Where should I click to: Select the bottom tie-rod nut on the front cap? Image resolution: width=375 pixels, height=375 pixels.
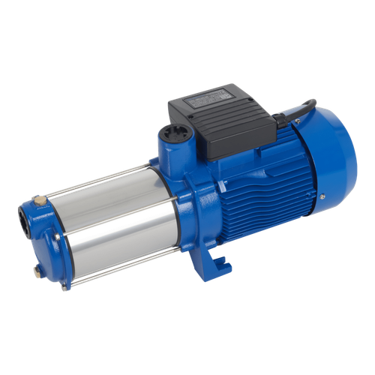65,286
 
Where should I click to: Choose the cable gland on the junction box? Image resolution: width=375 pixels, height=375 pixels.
274,116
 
